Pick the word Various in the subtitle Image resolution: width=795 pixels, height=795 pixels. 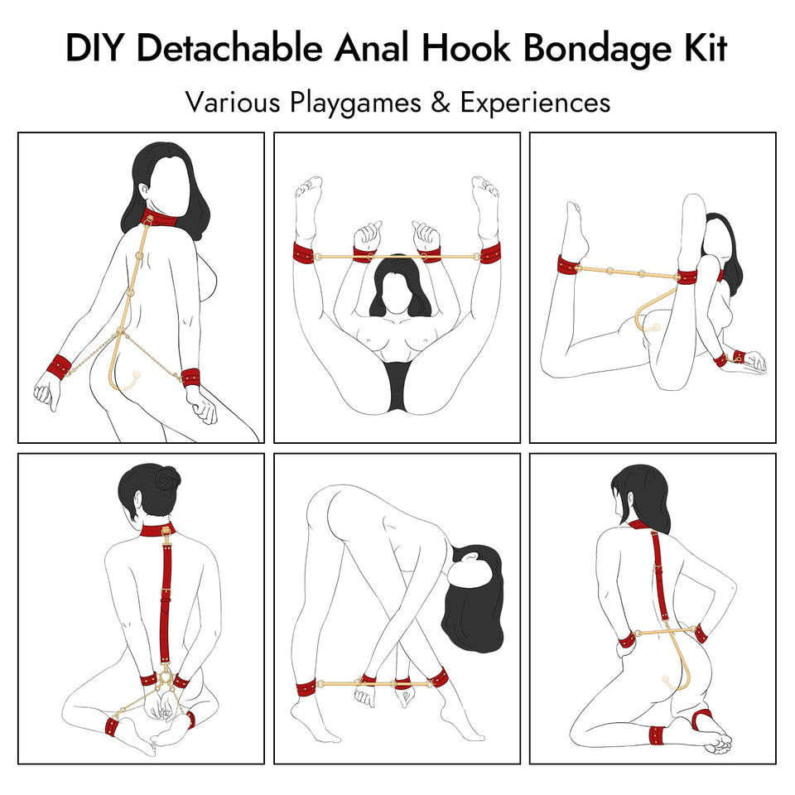pyautogui.click(x=233, y=103)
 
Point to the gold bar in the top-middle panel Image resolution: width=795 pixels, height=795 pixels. pyautogui.click(x=397, y=256)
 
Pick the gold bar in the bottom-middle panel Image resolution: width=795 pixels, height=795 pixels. pyautogui.click(x=373, y=684)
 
